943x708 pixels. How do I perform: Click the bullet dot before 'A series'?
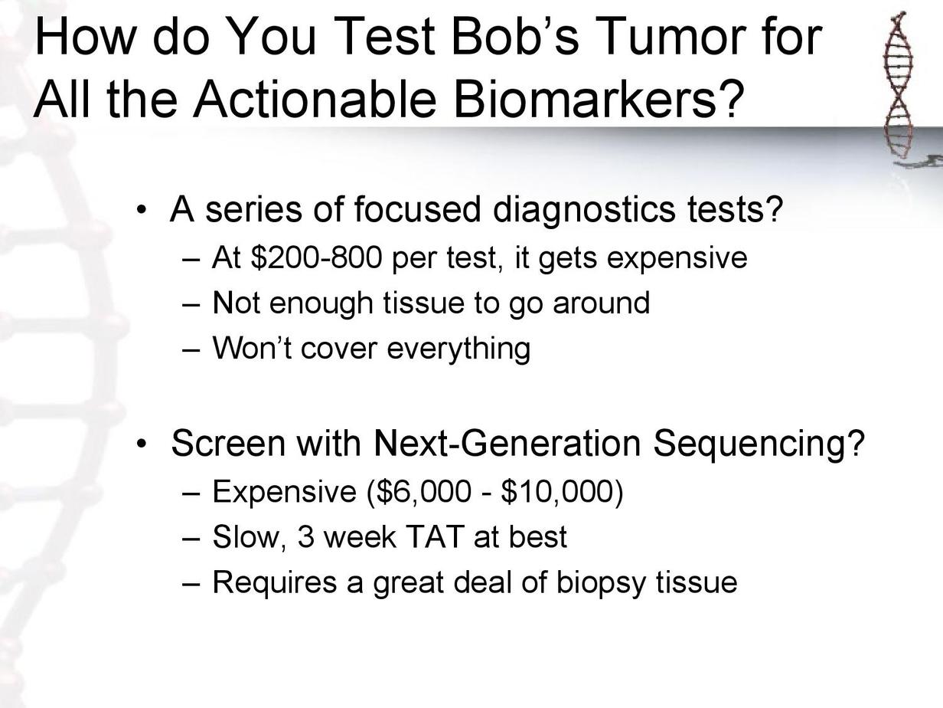(x=140, y=210)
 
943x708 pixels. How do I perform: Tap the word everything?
(x=458, y=349)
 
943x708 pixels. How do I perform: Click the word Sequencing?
(x=759, y=445)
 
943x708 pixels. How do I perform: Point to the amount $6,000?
(x=423, y=491)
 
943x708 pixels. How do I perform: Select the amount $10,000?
(x=557, y=491)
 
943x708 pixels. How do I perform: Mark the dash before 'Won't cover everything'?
(x=191, y=349)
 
